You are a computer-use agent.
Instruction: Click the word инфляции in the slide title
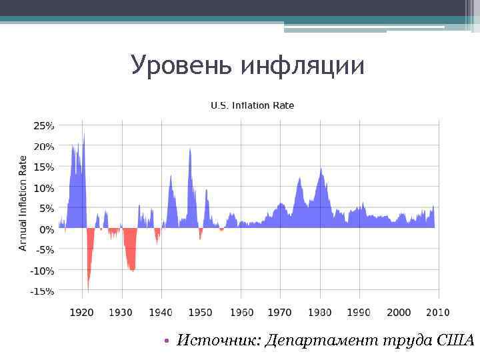point(303,65)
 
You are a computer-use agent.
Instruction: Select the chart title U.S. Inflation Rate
point(252,105)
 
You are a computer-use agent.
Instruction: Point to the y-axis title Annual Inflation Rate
point(23,203)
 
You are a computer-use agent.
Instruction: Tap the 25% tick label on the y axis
point(44,125)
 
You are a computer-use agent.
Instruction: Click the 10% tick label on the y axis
point(44,188)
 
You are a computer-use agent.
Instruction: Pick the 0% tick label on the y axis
point(47,229)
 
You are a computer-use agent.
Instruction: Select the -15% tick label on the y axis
point(43,291)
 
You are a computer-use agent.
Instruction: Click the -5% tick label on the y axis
point(44,250)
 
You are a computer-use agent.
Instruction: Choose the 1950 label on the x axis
point(200,312)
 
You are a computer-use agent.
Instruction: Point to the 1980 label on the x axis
point(319,312)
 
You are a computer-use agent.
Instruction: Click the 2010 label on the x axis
point(438,312)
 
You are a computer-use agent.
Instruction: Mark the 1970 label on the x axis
point(280,312)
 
